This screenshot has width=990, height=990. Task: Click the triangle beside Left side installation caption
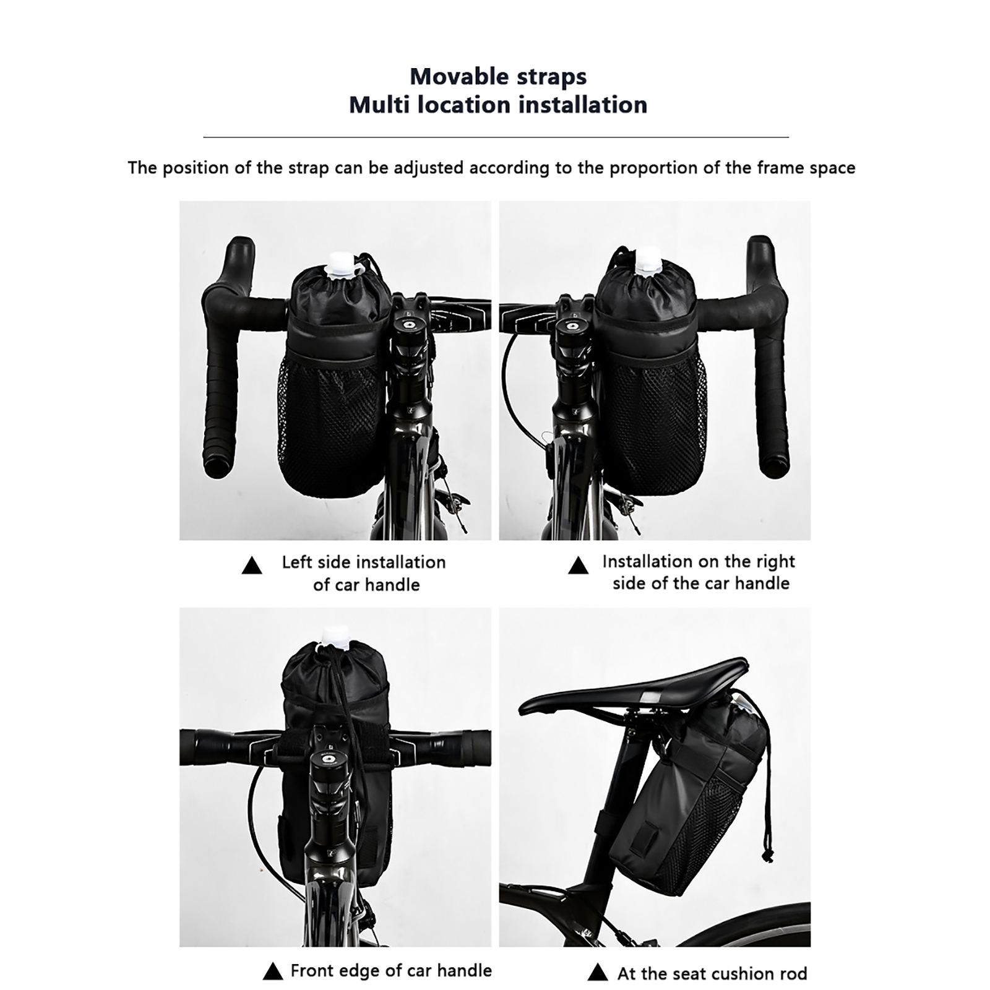point(251,566)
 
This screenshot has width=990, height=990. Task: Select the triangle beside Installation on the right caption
point(579,565)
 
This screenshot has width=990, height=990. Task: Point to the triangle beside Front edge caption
point(272,971)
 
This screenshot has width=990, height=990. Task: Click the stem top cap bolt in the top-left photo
point(410,324)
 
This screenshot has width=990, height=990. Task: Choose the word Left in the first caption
point(296,562)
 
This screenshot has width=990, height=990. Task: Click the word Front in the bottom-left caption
point(312,970)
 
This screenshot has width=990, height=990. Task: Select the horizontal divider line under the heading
point(496,137)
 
